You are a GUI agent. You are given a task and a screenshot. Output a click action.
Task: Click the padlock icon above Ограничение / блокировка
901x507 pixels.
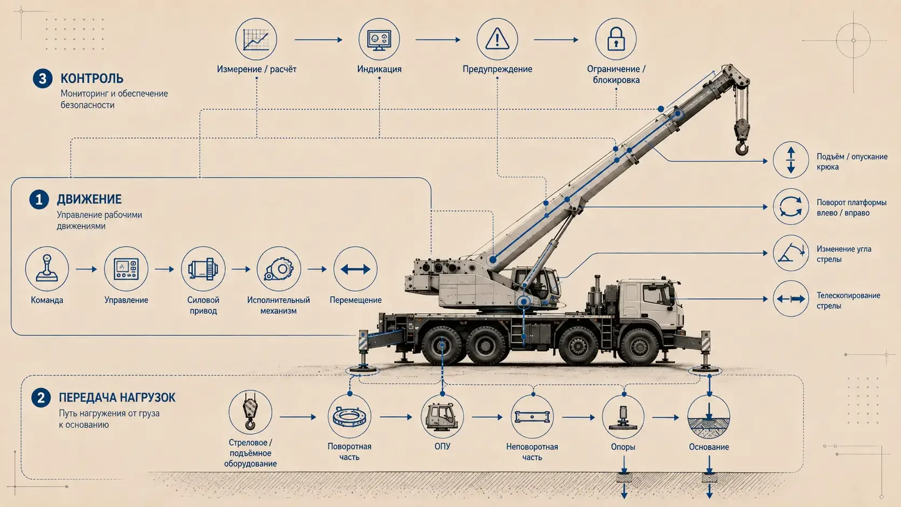pyautogui.click(x=616, y=39)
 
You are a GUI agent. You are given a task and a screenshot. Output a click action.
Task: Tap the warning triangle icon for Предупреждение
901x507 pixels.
pyautogui.click(x=497, y=39)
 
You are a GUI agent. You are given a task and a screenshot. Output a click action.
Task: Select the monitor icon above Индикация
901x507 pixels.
pyautogui.click(x=379, y=40)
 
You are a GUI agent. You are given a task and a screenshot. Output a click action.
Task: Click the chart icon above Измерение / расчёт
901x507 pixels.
pyautogui.click(x=256, y=39)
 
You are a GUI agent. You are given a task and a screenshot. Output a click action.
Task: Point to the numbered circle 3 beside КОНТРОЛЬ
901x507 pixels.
pyautogui.click(x=43, y=79)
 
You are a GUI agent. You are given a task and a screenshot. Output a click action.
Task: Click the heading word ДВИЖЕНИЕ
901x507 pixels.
pyautogui.click(x=89, y=199)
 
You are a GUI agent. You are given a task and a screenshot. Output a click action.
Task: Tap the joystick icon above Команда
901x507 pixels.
pyautogui.click(x=47, y=268)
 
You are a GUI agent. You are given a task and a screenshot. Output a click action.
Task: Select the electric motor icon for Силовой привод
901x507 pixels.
pyautogui.click(x=203, y=268)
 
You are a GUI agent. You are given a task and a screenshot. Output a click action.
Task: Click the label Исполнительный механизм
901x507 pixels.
pyautogui.click(x=279, y=305)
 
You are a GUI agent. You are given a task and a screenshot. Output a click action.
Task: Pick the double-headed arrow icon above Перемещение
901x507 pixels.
pyautogui.click(x=355, y=269)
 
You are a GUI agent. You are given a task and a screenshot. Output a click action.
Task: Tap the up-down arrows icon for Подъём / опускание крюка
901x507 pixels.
pyautogui.click(x=791, y=160)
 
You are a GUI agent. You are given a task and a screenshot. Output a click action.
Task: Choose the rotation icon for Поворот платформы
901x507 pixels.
pyautogui.click(x=791, y=206)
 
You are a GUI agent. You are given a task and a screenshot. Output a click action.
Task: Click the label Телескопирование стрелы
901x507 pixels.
pyautogui.click(x=848, y=301)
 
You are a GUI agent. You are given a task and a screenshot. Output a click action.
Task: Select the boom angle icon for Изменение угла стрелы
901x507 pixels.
pyautogui.click(x=791, y=253)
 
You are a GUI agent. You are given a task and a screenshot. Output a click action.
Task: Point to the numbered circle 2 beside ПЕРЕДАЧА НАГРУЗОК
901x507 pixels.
pyautogui.click(x=41, y=398)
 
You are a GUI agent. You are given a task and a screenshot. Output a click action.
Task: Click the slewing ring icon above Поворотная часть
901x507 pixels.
pyautogui.click(x=349, y=416)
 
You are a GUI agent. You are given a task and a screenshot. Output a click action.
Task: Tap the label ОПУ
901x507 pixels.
pyautogui.click(x=442, y=446)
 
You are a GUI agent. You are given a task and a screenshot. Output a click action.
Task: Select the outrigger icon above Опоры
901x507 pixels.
pyautogui.click(x=622, y=418)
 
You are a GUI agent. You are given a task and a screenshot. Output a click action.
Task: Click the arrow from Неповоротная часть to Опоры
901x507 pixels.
pyautogui.click(x=578, y=418)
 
